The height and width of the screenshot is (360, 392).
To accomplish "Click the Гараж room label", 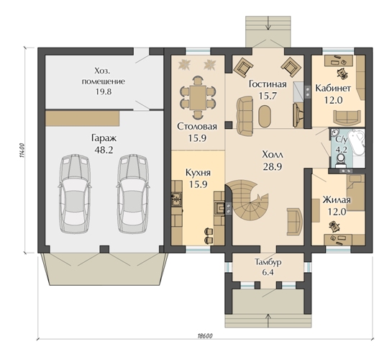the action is tap(104, 138).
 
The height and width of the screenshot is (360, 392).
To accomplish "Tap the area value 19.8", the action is tap(104, 92).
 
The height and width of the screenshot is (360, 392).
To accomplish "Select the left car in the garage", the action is tap(75, 194).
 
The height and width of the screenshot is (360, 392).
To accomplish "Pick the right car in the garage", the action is tap(133, 194).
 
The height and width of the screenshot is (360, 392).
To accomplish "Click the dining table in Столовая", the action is tap(198, 98).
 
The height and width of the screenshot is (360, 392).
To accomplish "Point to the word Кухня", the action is tap(198, 173).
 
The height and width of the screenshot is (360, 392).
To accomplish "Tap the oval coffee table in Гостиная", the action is tap(265, 117).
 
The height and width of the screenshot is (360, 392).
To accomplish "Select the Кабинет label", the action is tap(333, 89).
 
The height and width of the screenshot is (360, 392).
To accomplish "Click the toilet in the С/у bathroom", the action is tap(340, 161).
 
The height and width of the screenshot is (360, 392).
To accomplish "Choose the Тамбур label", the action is tap(268, 262).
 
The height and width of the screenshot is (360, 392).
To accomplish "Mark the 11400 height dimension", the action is tap(22, 150).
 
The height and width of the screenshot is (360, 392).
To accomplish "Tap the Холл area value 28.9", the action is tap(273, 167).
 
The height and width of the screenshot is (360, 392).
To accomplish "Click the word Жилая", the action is tap(337, 200).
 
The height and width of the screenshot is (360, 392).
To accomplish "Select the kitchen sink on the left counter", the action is tap(176, 199).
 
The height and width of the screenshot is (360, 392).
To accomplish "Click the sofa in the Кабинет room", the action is tap(347, 117).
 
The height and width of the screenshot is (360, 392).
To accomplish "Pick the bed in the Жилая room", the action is tap(355, 192).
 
